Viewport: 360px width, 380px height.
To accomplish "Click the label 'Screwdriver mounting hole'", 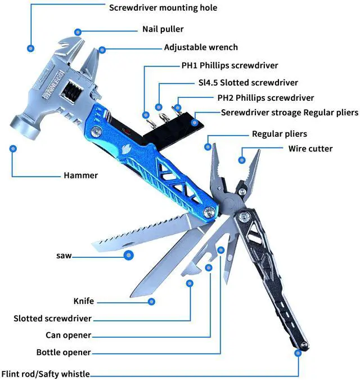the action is click(163, 8).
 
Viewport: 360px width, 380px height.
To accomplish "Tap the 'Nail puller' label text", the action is click(163, 29).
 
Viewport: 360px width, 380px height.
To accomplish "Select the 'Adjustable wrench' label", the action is click(201, 47).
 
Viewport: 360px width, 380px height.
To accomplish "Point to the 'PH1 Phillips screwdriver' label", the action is click(229, 65).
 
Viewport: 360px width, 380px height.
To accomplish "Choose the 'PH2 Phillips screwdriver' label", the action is click(265, 97).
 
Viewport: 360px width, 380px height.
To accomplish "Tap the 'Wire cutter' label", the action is click(310, 149).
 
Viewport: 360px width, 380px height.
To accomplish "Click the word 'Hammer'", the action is click(80, 175).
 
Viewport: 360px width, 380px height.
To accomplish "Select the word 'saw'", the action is click(64, 256).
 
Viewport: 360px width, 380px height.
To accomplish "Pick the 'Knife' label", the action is click(84, 301).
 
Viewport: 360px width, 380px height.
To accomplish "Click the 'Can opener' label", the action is click(68, 335).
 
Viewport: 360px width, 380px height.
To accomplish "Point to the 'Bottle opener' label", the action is click(64, 352).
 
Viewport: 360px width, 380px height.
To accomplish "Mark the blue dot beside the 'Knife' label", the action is click(151, 302).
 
